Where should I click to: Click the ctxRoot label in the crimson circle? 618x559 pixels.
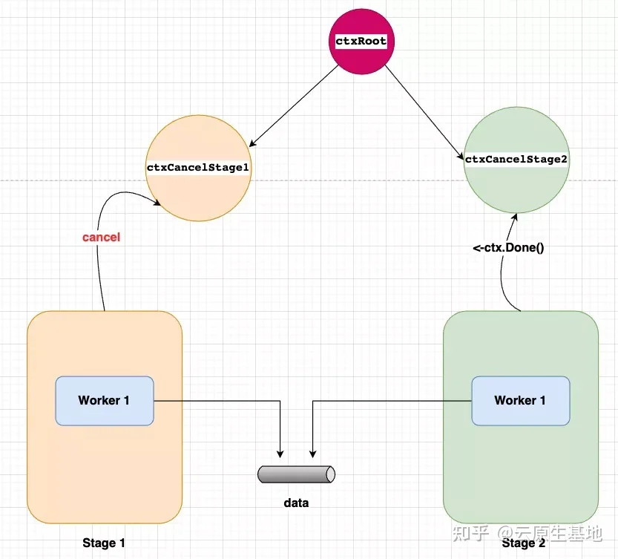pos(361,41)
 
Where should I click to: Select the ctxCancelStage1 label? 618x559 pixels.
pos(198,168)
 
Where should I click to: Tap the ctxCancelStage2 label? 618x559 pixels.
pos(516,160)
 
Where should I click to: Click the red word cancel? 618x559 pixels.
pos(102,237)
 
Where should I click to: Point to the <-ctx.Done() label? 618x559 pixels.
pos(508,248)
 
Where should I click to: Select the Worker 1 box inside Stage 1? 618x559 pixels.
pos(105,401)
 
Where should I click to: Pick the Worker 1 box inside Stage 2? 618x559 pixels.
pos(521,401)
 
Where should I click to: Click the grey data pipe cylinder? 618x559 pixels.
pos(297,474)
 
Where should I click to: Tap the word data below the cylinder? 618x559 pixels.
pos(296,503)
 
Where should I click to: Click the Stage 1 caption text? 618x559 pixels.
pos(104,543)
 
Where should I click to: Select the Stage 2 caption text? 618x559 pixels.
pos(524,543)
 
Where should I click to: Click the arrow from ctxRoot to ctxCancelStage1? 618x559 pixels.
pos(294,105)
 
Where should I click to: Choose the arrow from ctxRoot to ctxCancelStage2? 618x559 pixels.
pos(424,112)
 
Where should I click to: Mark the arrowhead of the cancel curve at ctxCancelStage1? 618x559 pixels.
pos(157,203)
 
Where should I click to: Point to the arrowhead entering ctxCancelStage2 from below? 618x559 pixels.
pos(514,218)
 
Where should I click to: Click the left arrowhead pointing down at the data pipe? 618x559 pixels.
pos(280,454)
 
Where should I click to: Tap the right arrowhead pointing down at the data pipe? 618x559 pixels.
pos(312,454)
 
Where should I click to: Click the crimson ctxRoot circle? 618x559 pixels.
pos(361,42)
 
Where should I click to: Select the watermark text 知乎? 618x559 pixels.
pos(471,533)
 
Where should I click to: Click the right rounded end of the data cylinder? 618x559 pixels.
pos(331,474)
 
